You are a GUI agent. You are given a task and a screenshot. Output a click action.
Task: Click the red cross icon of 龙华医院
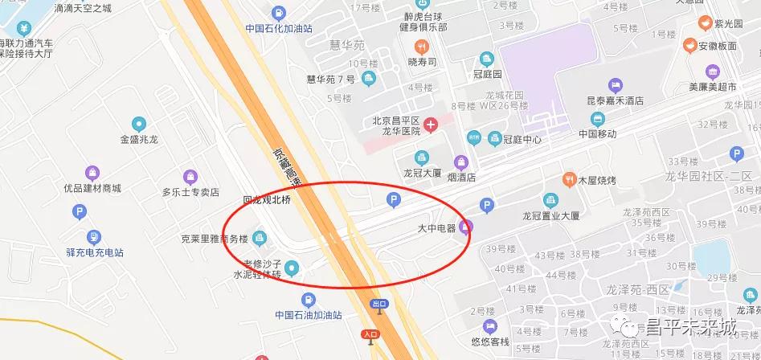tap(432, 124)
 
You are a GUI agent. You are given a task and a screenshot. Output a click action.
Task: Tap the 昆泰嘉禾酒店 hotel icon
tap(616, 85)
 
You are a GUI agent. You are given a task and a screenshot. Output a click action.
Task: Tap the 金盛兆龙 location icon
tap(139, 124)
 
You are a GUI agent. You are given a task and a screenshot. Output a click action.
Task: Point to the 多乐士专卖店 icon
tap(190, 176)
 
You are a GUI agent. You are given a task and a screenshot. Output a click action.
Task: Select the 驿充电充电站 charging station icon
tap(94, 237)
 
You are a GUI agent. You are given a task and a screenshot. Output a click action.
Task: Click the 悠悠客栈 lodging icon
tap(490, 326)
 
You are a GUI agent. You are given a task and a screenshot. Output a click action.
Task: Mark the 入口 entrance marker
tap(370, 334)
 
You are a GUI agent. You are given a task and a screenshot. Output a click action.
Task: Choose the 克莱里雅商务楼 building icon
tap(260, 237)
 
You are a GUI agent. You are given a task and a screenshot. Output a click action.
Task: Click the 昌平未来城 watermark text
tap(691, 328)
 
